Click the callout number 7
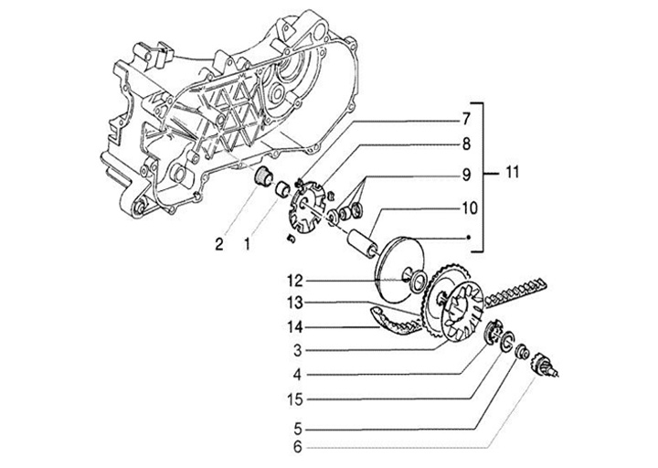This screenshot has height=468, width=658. pyautogui.click(x=466, y=119)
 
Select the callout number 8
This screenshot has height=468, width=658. pyautogui.click(x=466, y=144)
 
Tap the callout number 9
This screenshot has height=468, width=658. pyautogui.click(x=466, y=175)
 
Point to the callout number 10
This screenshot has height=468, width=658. pyautogui.click(x=470, y=208)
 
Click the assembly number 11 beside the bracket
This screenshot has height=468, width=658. pyautogui.click(x=512, y=172)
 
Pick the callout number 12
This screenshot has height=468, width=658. pyautogui.click(x=295, y=281)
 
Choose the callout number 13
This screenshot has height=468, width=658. pyautogui.click(x=295, y=303)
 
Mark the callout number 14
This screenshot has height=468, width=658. pyautogui.click(x=295, y=327)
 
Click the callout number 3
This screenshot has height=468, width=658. pyautogui.click(x=298, y=350)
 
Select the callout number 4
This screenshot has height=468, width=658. pyautogui.click(x=298, y=375)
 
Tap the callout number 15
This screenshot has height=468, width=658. pyautogui.click(x=295, y=399)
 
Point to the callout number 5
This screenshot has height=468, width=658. pyautogui.click(x=298, y=429)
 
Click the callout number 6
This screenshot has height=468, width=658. pyautogui.click(x=298, y=447)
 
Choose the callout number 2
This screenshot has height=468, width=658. pyautogui.click(x=219, y=244)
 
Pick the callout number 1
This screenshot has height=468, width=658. pyautogui.click(x=247, y=244)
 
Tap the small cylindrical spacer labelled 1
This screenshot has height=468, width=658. pyautogui.click(x=282, y=189)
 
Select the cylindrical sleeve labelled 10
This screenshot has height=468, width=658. pyautogui.click(x=362, y=242)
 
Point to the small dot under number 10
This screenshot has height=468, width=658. pyautogui.click(x=468, y=238)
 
